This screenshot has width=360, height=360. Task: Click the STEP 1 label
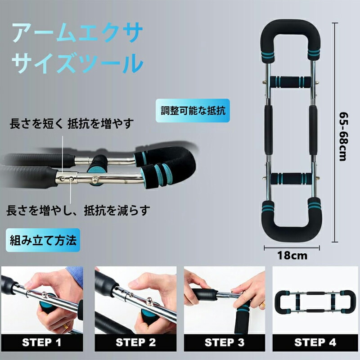click(x=41, y=342)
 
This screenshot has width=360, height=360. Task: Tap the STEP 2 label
click(x=136, y=342)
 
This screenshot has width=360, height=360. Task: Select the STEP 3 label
click(x=224, y=342)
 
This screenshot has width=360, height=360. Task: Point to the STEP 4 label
click(x=315, y=342)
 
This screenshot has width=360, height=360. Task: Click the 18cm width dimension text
click(x=292, y=256)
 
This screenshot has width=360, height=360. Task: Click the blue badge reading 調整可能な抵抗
click(x=193, y=110)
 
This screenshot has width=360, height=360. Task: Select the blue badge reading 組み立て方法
click(x=43, y=240)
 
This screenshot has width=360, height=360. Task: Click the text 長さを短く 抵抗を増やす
click(x=72, y=124)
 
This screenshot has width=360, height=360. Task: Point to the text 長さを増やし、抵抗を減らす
click(x=78, y=210)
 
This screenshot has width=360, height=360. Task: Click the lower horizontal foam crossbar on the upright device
click(x=291, y=179)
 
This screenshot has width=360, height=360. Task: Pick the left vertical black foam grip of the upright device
click(x=268, y=130)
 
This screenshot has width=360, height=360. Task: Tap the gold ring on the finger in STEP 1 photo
click(x=66, y=326)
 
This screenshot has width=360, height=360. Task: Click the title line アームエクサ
click(x=77, y=32)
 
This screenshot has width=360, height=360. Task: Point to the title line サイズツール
click(x=77, y=63)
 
